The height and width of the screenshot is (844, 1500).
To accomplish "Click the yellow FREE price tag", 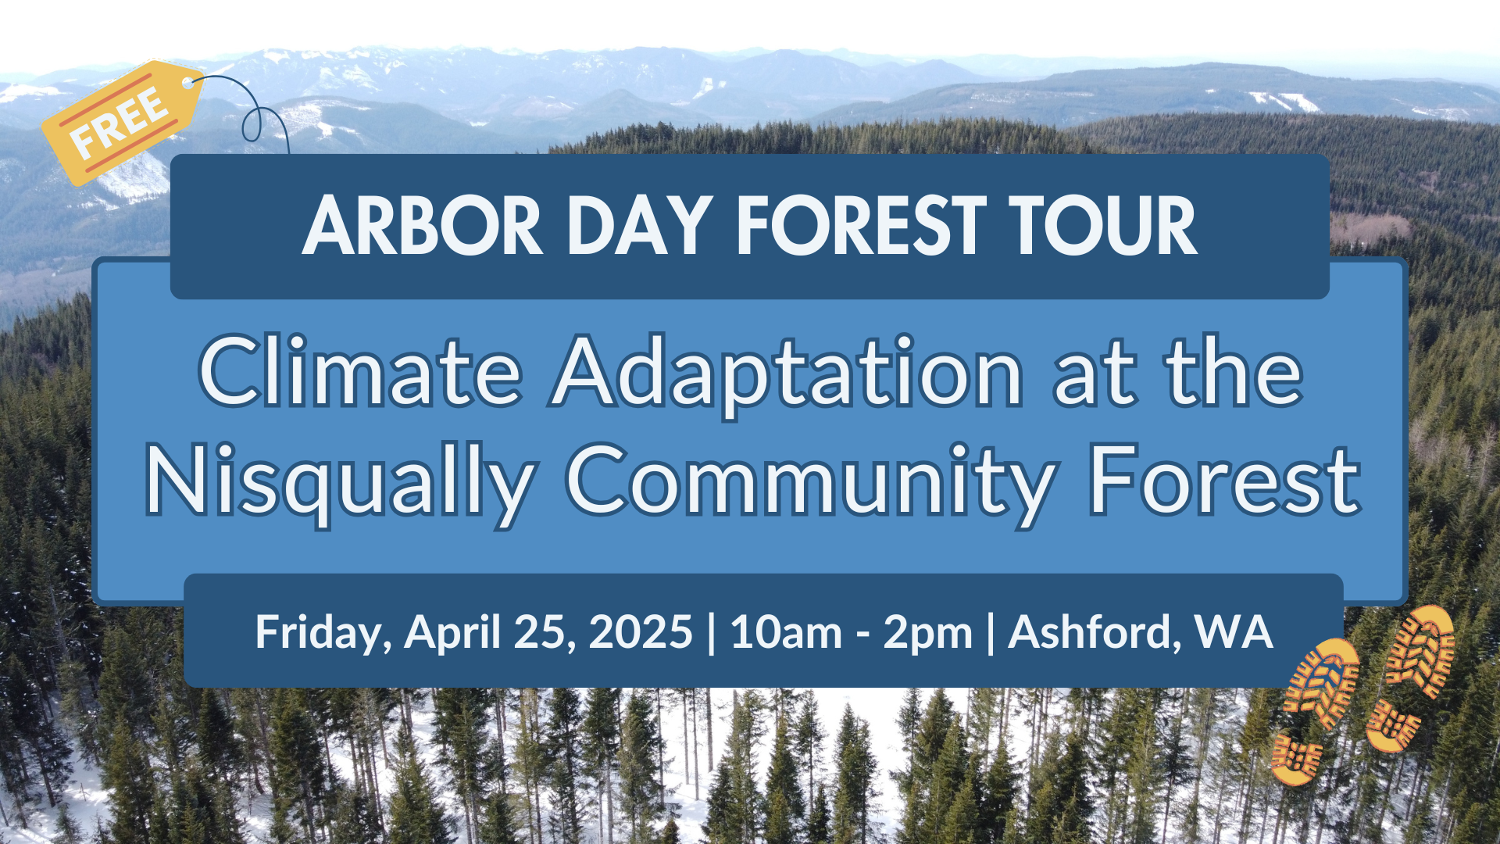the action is click(123, 123).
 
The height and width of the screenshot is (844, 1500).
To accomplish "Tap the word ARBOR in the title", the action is click(422, 226).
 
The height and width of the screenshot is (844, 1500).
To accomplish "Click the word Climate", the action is click(361, 370).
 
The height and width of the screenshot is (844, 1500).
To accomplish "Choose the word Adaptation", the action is click(787, 375).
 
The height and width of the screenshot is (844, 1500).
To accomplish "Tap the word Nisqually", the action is click(340, 481).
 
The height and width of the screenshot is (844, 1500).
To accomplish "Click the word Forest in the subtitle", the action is click(1224, 478).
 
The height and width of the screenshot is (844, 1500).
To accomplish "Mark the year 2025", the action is click(641, 631).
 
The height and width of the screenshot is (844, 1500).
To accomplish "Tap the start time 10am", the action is click(786, 631).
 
